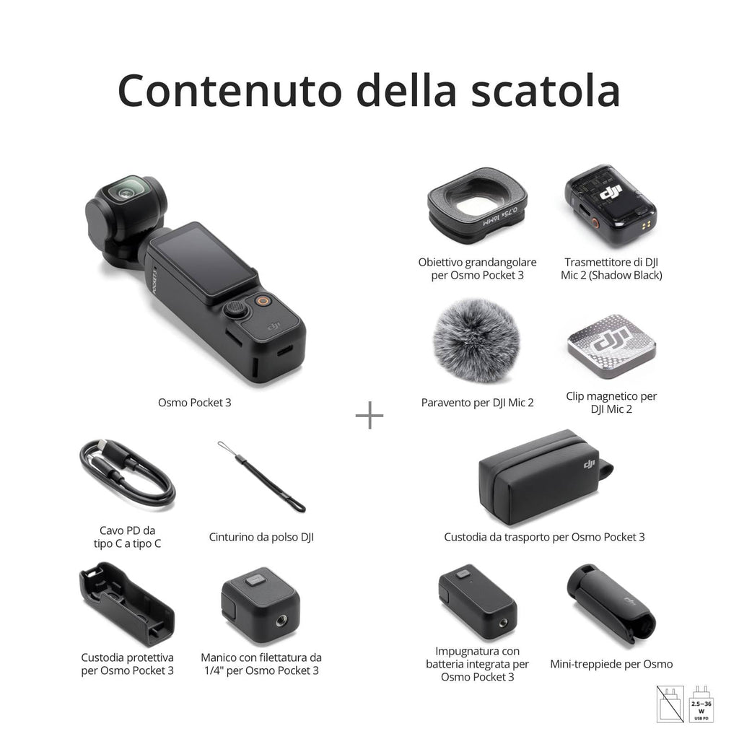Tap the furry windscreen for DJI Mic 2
point(476,340)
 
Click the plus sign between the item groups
point(369,415)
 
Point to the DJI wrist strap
point(261,476)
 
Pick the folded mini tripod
point(611,603)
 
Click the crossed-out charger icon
point(670,704)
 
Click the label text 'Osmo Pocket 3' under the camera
point(195,402)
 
